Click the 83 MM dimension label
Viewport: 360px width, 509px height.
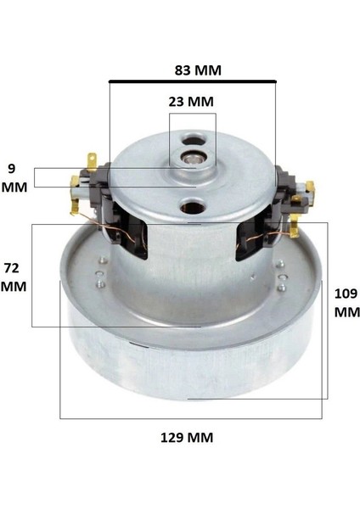[x=196, y=70]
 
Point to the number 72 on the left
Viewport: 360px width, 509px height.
[x=12, y=267]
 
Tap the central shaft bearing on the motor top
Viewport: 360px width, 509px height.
[x=196, y=157]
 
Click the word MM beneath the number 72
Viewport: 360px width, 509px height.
[x=14, y=286]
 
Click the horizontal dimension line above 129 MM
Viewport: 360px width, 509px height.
[x=190, y=418]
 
